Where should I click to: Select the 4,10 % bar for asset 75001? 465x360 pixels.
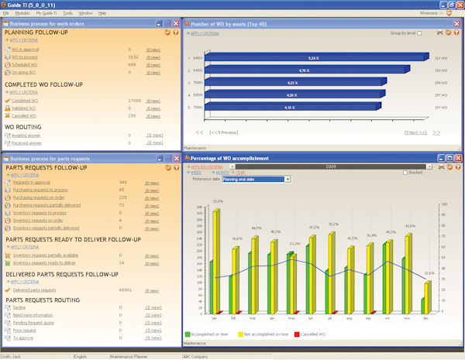point(288,107)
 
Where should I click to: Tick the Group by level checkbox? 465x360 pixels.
point(420,33)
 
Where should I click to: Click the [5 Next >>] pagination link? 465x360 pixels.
point(415,132)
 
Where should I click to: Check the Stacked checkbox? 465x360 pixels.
point(404,172)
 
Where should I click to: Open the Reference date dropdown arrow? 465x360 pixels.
point(287,179)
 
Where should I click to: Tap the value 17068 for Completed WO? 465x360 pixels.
point(133,100)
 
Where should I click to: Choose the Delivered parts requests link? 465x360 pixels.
point(34,290)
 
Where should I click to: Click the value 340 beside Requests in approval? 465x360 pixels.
point(123,182)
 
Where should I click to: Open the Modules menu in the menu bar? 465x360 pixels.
point(22,13)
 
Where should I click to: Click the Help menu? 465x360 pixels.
point(102,13)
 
